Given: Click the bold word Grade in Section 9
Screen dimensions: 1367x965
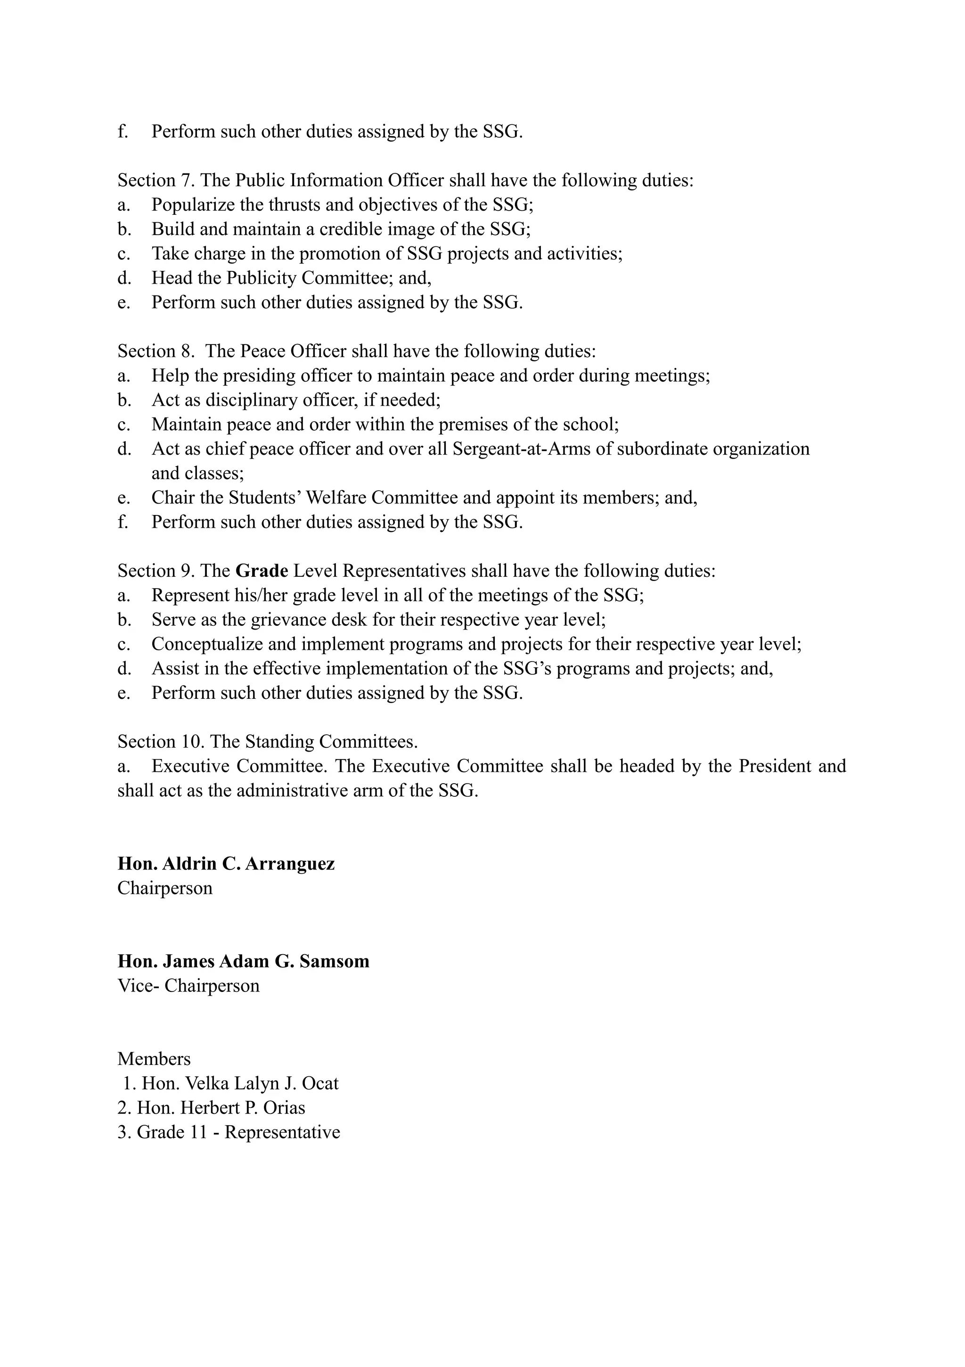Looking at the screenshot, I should [x=262, y=571].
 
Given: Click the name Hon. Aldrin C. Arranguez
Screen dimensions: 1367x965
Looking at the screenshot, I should [x=226, y=863].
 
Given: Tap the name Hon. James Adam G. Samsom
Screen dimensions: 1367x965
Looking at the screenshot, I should [x=244, y=961].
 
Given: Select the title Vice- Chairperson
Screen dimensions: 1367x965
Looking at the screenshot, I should [x=188, y=985].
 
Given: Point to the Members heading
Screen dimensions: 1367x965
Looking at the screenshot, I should [x=154, y=1059].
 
